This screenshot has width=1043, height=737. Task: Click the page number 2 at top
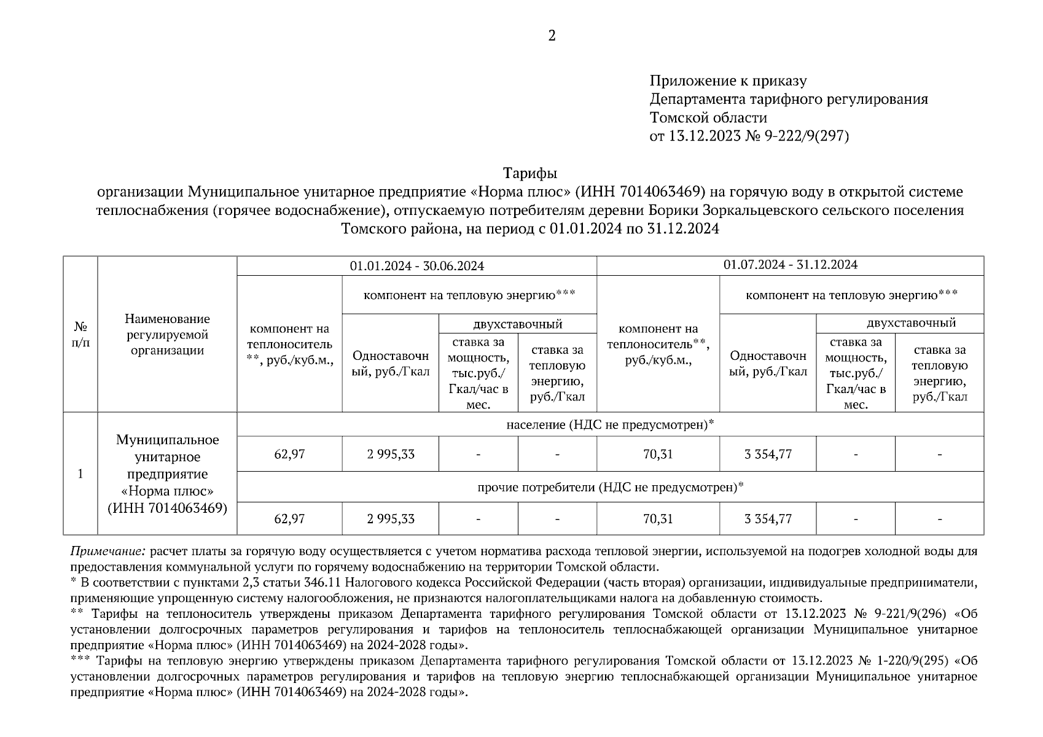(551, 36)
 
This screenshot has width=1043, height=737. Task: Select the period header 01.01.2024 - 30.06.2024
(416, 266)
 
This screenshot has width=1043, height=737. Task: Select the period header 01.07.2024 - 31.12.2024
(790, 265)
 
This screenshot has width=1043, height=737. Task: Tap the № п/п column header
(80, 334)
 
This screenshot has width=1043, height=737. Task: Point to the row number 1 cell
(80, 474)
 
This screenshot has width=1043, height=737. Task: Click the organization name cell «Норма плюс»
(167, 474)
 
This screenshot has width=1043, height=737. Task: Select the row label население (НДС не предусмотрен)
(610, 424)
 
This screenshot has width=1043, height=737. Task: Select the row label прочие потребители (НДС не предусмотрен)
(610, 487)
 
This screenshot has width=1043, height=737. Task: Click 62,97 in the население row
(289, 454)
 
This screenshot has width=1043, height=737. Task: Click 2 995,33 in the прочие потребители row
(391, 519)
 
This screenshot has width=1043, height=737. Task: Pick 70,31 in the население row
(658, 454)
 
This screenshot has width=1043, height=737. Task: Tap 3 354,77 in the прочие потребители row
(768, 519)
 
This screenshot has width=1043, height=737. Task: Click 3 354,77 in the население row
(768, 454)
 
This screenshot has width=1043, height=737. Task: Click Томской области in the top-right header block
(708, 117)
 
